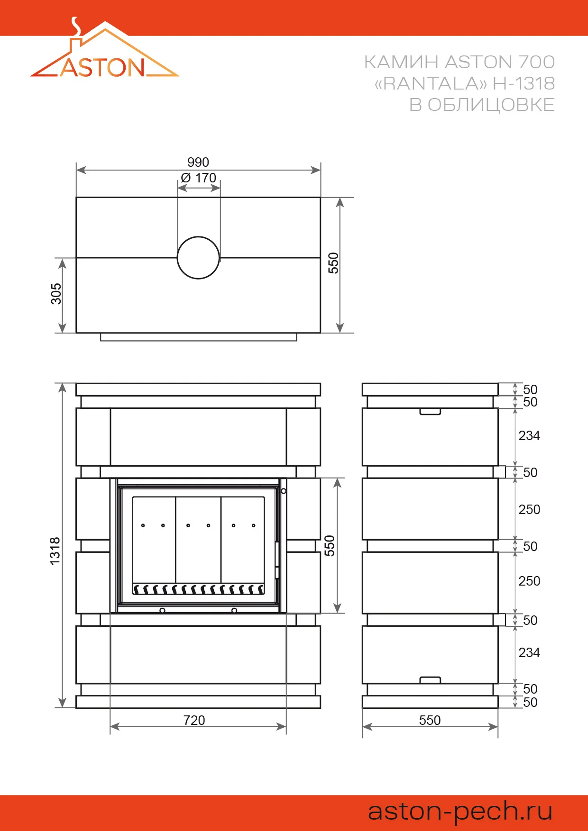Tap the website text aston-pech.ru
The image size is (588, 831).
[460, 812]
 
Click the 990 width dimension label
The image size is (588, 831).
[198, 163]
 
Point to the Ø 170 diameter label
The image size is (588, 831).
[199, 178]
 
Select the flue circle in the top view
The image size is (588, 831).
[198, 258]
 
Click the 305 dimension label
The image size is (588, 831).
[56, 294]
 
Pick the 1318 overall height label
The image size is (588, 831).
[55, 551]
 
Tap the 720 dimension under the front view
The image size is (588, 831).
[194, 720]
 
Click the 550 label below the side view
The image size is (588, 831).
[430, 720]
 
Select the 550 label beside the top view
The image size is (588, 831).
[333, 263]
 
